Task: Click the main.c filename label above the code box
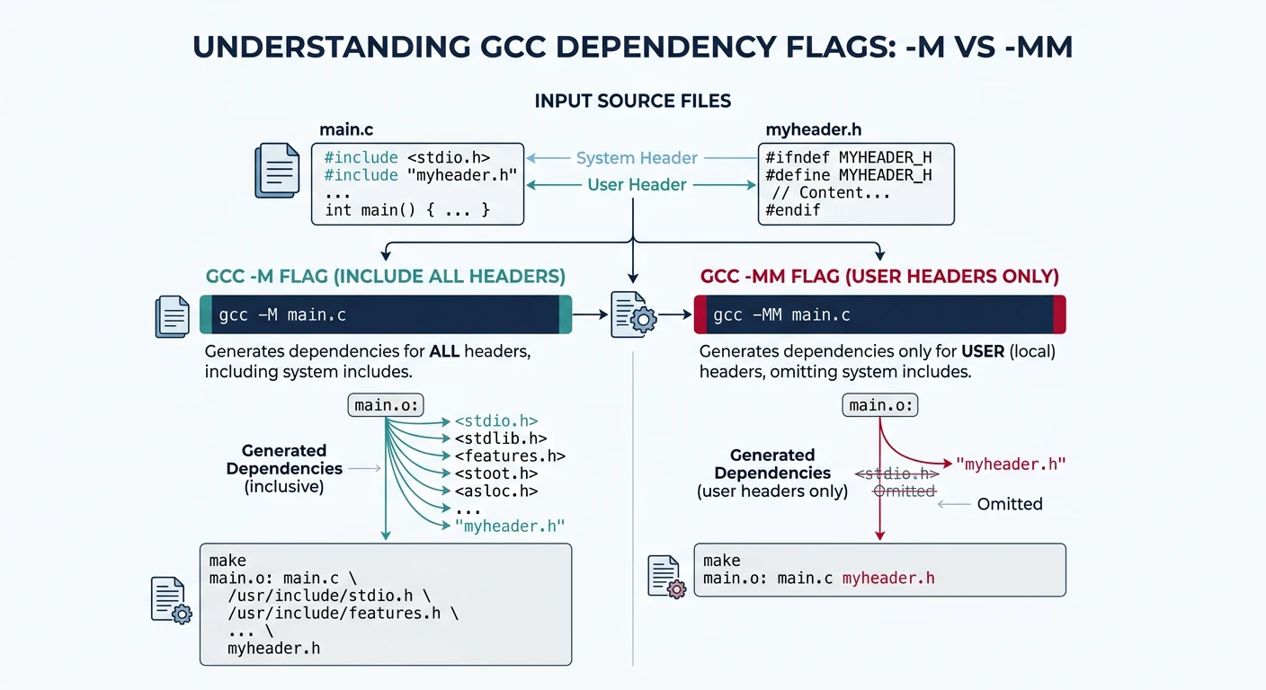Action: click(347, 130)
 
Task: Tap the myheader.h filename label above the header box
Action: click(813, 130)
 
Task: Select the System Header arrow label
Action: click(637, 158)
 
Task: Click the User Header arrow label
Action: click(637, 185)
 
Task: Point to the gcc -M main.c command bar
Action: click(386, 315)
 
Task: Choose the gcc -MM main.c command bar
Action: click(879, 315)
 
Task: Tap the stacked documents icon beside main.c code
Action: click(277, 171)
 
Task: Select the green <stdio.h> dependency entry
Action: click(495, 420)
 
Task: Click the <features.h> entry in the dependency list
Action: click(509, 456)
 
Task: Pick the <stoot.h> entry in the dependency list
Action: click(495, 473)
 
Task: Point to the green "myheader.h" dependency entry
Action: click(509, 526)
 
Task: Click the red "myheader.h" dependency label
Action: click(1011, 464)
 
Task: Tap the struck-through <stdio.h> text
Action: click(896, 474)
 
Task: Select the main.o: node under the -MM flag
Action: click(880, 405)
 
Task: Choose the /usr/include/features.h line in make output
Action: click(343, 613)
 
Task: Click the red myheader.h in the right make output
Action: click(888, 578)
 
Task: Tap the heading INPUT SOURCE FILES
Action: click(633, 101)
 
